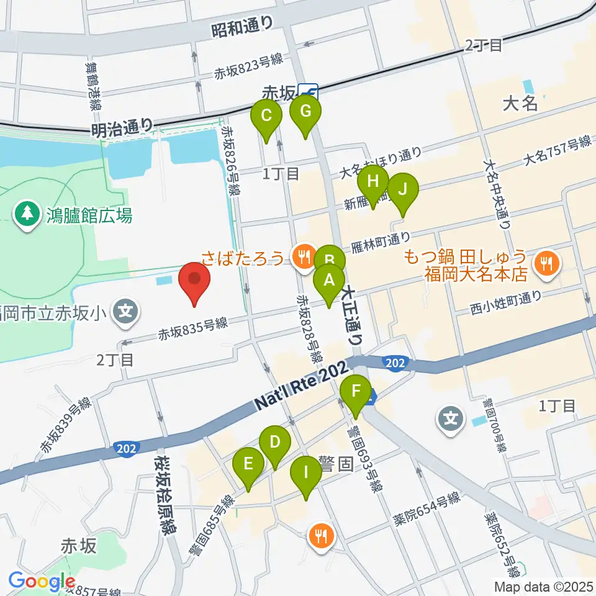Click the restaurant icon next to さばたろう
(304, 255)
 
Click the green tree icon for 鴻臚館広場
(27, 215)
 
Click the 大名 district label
(520, 103)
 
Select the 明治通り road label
(122, 129)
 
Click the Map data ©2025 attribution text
(543, 586)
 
